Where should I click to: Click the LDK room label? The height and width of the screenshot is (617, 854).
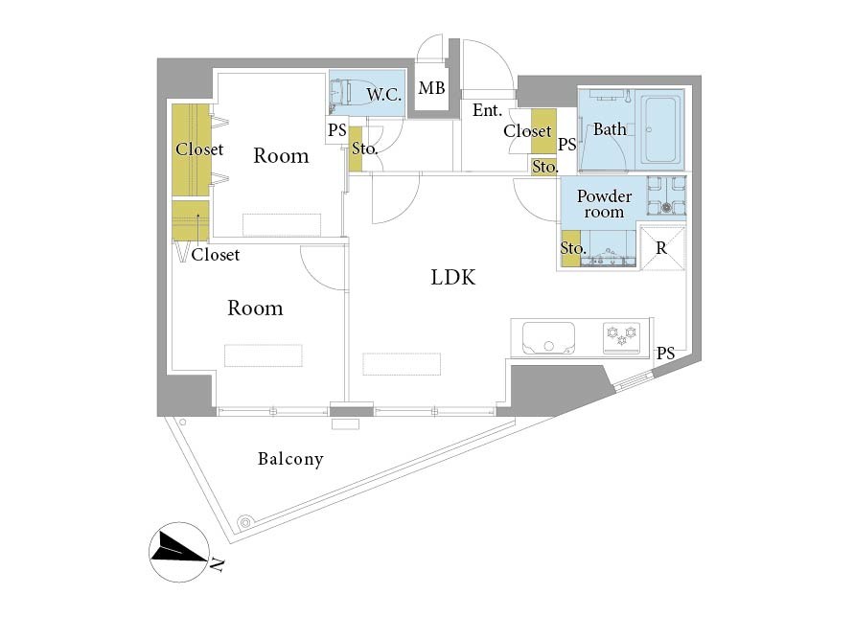tap(452, 277)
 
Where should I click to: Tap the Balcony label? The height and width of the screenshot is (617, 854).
tap(290, 459)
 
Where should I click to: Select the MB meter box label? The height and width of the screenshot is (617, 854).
tap(431, 88)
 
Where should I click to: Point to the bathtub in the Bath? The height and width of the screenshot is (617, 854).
tap(661, 129)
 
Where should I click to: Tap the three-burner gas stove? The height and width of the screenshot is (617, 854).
tap(622, 337)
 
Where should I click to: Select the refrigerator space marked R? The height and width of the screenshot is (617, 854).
tap(662, 248)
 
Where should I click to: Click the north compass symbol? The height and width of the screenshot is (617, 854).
tap(179, 552)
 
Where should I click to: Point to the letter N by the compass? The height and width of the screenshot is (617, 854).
tap(217, 564)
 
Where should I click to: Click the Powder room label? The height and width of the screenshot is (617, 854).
tap(604, 204)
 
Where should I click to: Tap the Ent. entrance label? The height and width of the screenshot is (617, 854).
tap(487, 110)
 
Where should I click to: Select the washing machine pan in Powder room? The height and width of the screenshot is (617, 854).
tap(666, 196)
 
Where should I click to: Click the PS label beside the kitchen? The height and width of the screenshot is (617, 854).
tap(665, 354)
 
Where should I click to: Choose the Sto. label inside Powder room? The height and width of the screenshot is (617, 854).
tap(573, 248)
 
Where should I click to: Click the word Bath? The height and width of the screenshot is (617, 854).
tap(610, 129)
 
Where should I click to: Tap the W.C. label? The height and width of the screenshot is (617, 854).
tap(384, 95)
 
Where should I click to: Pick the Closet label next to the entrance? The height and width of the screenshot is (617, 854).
tap(527, 130)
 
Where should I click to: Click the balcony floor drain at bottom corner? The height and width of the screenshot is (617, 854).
tap(245, 522)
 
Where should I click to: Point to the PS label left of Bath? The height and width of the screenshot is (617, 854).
tap(567, 145)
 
